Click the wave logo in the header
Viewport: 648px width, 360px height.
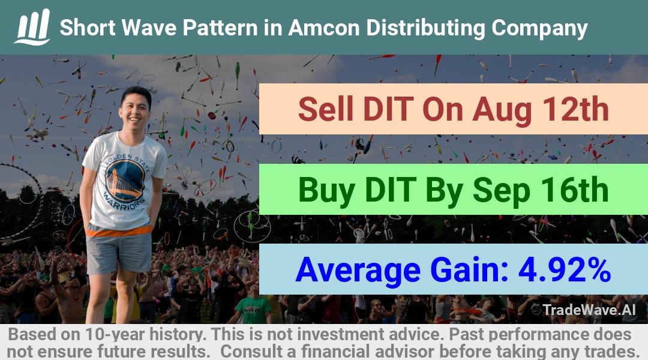[x=32, y=27]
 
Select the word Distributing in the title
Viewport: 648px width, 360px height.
[x=425, y=29]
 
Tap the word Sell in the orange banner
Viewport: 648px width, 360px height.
[x=326, y=109]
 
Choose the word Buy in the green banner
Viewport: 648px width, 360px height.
[x=326, y=191]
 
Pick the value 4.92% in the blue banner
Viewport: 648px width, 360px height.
[x=565, y=269]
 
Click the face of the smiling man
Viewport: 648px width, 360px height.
[x=134, y=109]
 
